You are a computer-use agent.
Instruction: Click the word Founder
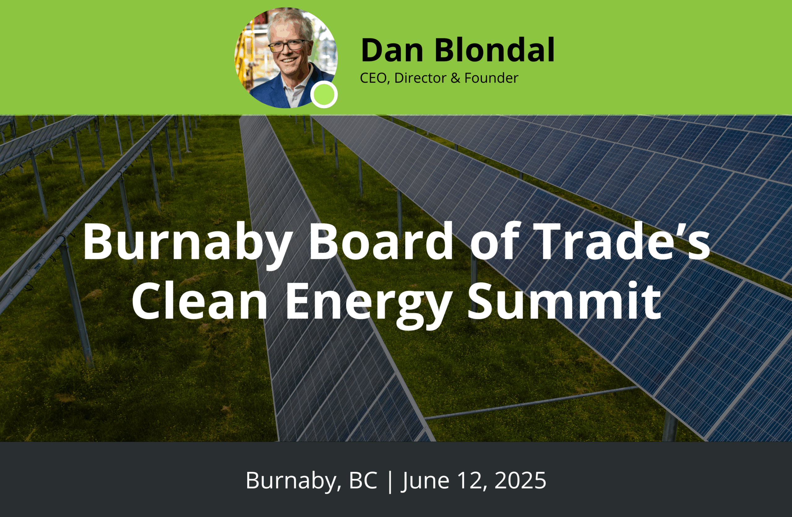point(491,78)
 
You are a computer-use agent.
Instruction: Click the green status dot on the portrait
point(324,95)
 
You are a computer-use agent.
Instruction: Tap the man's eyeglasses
point(289,45)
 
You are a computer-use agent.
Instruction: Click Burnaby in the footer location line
point(293,481)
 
